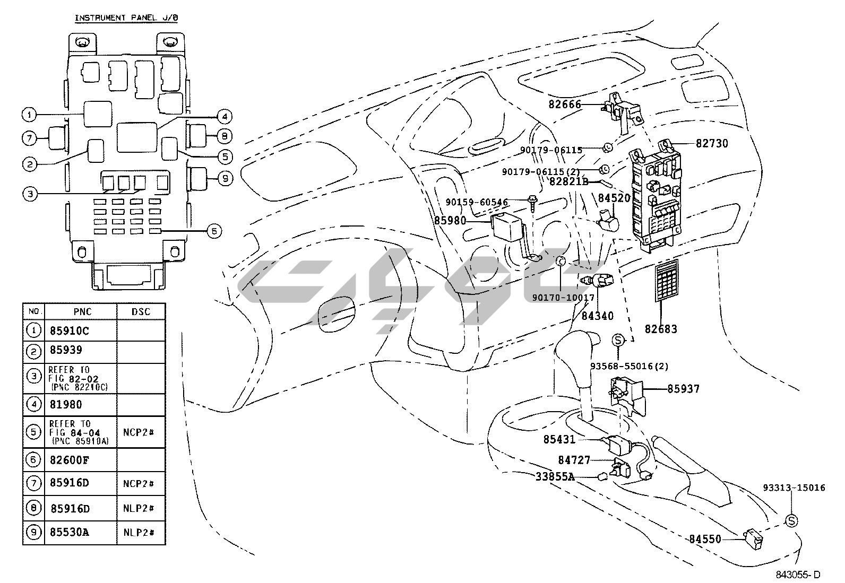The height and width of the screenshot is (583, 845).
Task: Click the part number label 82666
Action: pyautogui.click(x=565, y=105)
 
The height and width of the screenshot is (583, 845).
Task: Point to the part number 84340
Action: pyautogui.click(x=597, y=316)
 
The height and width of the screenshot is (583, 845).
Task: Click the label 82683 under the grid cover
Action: pyautogui.click(x=661, y=329)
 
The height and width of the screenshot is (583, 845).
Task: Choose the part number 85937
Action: pyautogui.click(x=683, y=389)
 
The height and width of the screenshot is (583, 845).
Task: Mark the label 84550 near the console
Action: pyautogui.click(x=705, y=539)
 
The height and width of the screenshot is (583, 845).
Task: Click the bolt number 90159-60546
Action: pyautogui.click(x=477, y=202)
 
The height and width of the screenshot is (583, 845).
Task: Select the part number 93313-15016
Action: pyautogui.click(x=794, y=488)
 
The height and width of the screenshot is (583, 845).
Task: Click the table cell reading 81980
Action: pyautogui.click(x=66, y=405)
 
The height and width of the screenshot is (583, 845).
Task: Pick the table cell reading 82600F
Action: pyautogui.click(x=70, y=460)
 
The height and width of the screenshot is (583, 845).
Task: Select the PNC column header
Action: pyautogui.click(x=80, y=311)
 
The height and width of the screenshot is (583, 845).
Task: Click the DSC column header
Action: pyautogui.click(x=141, y=311)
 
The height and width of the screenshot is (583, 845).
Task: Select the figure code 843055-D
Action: pyautogui.click(x=797, y=574)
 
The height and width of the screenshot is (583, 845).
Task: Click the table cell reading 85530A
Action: pyautogui.click(x=70, y=532)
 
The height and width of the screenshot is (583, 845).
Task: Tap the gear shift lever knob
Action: pyautogui.click(x=576, y=350)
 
